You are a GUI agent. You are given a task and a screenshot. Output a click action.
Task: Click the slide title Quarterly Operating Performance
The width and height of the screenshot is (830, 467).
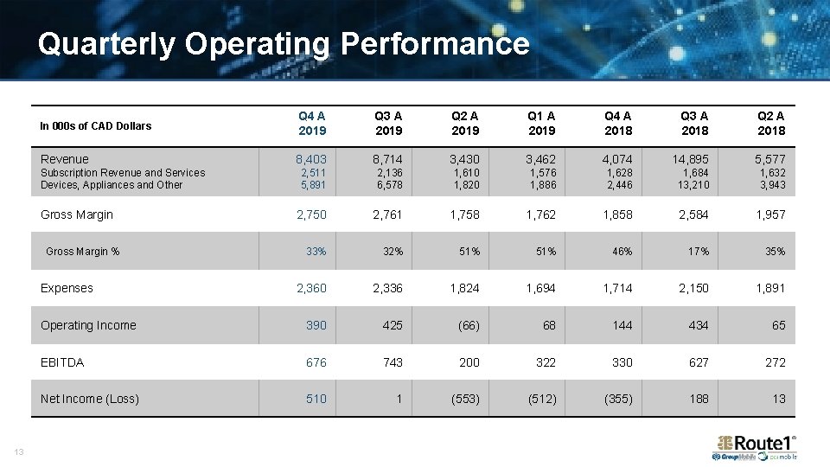(283, 43)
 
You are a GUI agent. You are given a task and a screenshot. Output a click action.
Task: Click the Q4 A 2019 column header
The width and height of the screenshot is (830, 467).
(312, 123)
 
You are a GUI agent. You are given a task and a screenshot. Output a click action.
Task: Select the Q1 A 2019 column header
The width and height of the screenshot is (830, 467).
(541, 123)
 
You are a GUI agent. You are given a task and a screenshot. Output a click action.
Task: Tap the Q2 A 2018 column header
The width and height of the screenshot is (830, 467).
(771, 123)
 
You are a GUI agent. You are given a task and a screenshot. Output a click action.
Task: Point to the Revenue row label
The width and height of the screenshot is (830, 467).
(65, 159)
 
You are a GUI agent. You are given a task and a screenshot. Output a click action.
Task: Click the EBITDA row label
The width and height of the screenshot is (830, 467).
(62, 362)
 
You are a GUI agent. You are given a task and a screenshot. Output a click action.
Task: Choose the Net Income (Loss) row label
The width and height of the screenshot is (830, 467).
(90, 399)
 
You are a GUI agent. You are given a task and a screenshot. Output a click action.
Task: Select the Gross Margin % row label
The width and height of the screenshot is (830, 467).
(83, 252)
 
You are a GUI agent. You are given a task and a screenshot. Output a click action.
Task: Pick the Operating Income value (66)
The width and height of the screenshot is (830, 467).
(468, 326)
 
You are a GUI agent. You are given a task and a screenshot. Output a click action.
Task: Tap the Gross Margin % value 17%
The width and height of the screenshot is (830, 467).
(699, 252)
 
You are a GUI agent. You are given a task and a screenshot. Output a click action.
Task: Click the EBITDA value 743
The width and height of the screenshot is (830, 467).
(393, 362)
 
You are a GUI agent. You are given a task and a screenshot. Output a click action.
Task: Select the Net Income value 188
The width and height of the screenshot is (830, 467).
(699, 399)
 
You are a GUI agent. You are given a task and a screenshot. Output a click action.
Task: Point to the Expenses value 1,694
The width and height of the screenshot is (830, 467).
(541, 288)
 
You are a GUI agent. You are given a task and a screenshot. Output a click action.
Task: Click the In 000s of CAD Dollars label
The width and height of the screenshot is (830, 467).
(96, 126)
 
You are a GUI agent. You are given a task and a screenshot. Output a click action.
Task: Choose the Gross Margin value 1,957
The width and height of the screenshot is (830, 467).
(770, 214)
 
